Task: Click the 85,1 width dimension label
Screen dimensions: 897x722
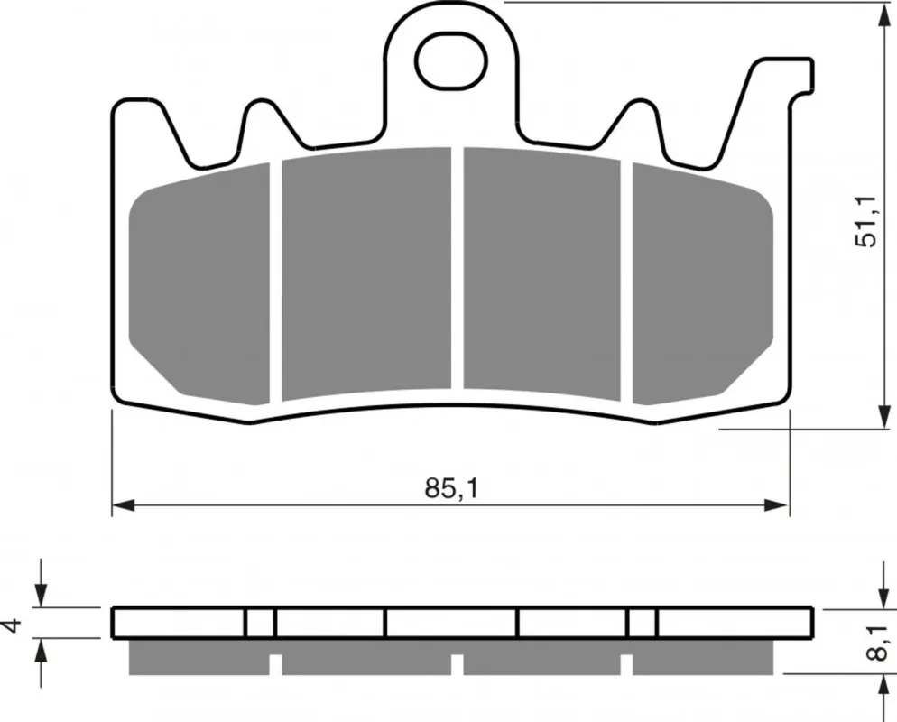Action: [x=451, y=488]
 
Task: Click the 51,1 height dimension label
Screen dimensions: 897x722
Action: [x=865, y=221]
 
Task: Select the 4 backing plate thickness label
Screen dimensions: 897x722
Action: [x=13, y=625]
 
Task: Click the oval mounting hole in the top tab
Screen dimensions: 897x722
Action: [x=451, y=60]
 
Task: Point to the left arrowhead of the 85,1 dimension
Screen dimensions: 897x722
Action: [x=123, y=505]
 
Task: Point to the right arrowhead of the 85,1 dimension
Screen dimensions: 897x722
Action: [x=777, y=505]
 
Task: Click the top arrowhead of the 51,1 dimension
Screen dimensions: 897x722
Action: [x=883, y=14]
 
